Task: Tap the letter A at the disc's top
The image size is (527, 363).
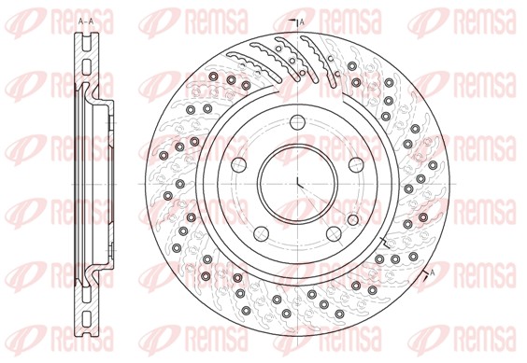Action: tap(302, 21)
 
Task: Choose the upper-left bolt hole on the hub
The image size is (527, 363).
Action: tap(241, 162)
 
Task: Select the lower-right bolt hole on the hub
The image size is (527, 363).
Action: tap(335, 230)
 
